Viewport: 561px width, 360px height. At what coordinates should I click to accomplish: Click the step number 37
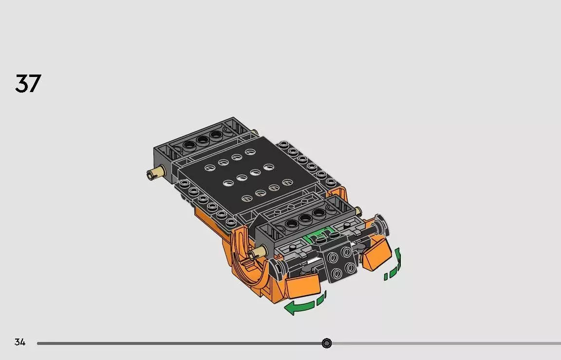[x=28, y=83]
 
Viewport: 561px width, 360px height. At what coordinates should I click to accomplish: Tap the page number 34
[x=19, y=342]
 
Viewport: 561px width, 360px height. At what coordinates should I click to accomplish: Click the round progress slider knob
[x=327, y=343]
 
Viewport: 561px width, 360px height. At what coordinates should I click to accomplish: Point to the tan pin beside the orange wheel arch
[x=258, y=252]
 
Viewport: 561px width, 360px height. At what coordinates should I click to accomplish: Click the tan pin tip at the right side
[x=359, y=211]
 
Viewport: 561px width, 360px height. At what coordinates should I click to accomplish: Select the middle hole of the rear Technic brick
[x=202, y=140]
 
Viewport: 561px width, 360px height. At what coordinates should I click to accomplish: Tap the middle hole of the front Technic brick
[x=305, y=219]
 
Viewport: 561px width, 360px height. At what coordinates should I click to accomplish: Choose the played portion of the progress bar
[x=180, y=343]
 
